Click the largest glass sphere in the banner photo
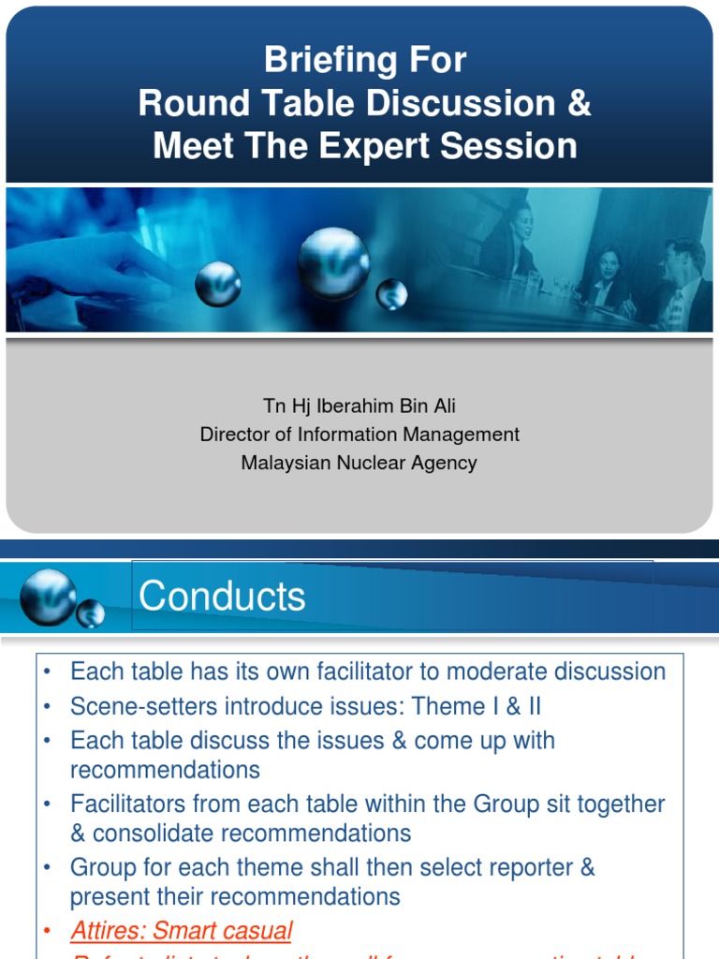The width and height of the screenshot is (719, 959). pyautogui.click(x=333, y=263)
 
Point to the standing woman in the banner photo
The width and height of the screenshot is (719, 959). pyautogui.click(x=514, y=239)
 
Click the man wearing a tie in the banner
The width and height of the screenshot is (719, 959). pyautogui.click(x=681, y=286)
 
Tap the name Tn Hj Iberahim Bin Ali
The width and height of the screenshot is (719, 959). pyautogui.click(x=359, y=406)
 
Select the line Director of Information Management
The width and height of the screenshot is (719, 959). pyautogui.click(x=359, y=435)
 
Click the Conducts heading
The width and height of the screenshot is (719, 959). pyautogui.click(x=222, y=597)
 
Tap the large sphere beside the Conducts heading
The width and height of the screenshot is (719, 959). pyautogui.click(x=48, y=597)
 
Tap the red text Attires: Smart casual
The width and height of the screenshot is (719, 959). pyautogui.click(x=182, y=931)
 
